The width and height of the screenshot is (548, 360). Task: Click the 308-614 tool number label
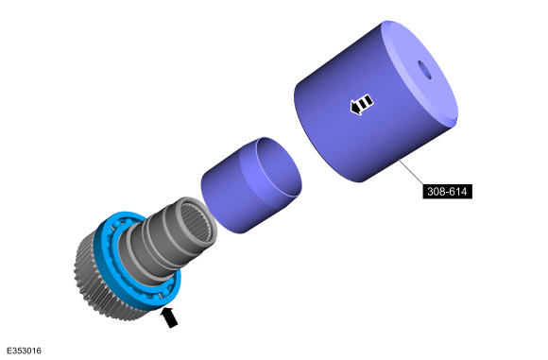coord(447,192)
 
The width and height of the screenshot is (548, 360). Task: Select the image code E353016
coord(25,351)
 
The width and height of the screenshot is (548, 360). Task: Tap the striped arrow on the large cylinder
coord(362,104)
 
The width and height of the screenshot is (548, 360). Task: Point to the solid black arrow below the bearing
coord(169,317)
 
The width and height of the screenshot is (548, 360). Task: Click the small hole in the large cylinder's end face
coord(424,70)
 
